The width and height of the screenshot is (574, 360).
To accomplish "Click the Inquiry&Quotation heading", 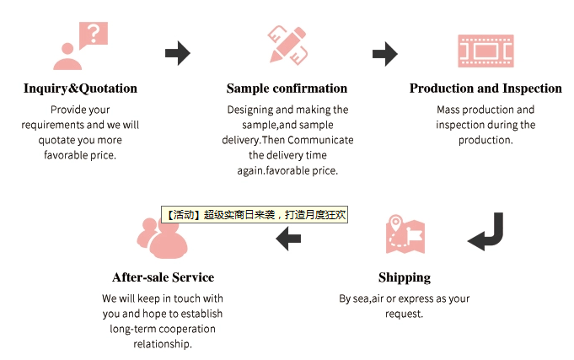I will (x=80, y=89).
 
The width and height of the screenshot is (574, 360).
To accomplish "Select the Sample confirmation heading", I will (x=287, y=89).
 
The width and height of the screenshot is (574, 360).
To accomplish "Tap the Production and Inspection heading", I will (x=485, y=89).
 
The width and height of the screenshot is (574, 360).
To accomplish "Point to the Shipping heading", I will (x=405, y=277).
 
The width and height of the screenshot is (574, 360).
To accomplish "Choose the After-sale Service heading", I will (x=163, y=277).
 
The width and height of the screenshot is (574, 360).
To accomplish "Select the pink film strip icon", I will (x=485, y=51).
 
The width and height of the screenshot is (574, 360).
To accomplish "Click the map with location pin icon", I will (x=405, y=234).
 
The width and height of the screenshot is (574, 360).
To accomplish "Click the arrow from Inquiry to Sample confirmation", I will (x=177, y=53).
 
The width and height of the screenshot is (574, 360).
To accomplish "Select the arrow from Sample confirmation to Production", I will (x=384, y=54).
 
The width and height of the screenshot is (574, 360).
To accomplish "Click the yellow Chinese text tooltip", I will (x=255, y=215).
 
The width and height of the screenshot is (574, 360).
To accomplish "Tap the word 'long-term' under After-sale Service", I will (x=136, y=329).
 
